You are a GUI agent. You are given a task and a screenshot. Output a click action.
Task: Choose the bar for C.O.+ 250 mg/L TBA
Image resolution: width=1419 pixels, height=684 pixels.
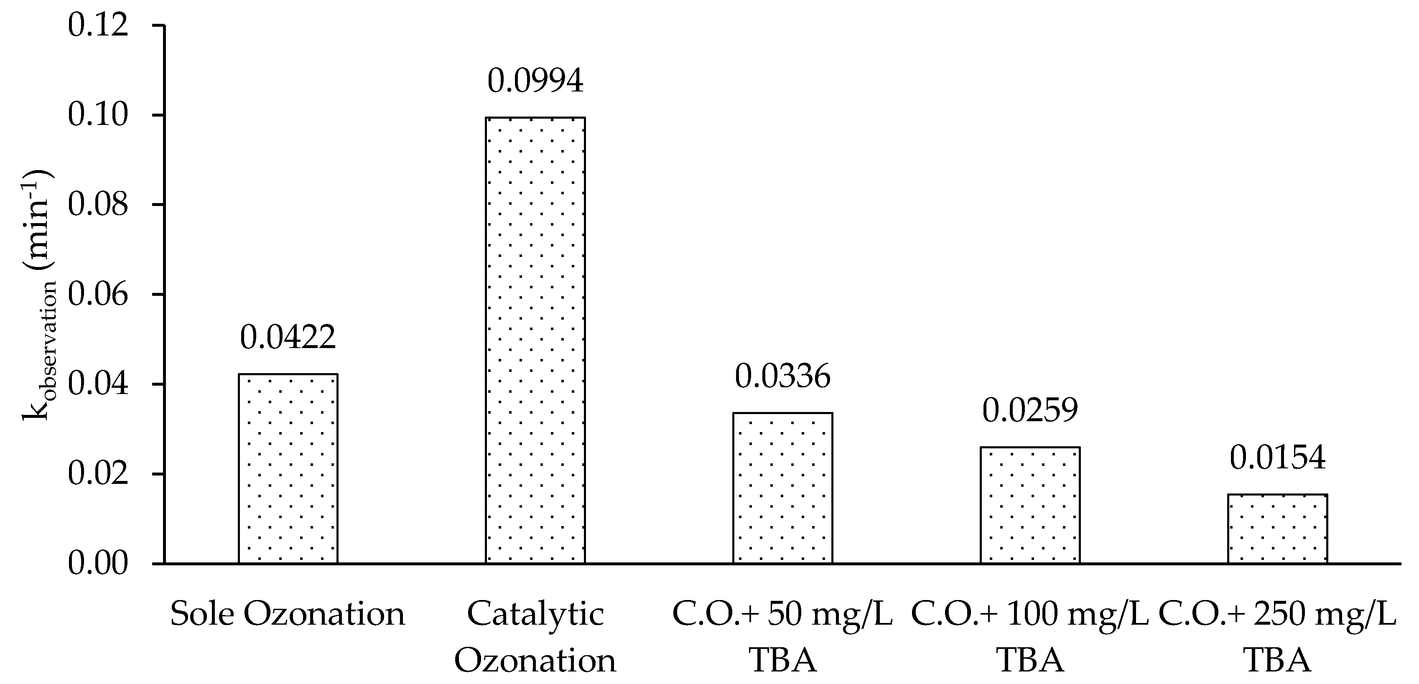pyautogui.click(x=1277, y=528)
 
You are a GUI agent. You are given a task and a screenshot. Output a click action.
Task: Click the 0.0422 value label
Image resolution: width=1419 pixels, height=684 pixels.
pyautogui.click(x=288, y=337)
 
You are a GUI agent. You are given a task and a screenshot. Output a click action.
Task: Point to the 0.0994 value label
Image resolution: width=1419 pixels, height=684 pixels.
pyautogui.click(x=535, y=81)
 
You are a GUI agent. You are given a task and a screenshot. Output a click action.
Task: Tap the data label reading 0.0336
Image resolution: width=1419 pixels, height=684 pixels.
pyautogui.click(x=782, y=377)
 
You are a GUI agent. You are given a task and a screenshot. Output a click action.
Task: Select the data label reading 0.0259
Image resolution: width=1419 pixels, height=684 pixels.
pyautogui.click(x=1029, y=410)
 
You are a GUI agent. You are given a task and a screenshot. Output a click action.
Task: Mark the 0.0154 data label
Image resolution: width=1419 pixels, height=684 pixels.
pyautogui.click(x=1277, y=458)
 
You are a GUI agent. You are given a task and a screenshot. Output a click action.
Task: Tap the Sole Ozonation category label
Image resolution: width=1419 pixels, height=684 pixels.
pyautogui.click(x=288, y=615)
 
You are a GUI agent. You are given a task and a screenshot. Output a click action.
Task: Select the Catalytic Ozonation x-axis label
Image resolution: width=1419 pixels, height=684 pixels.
pyautogui.click(x=535, y=637)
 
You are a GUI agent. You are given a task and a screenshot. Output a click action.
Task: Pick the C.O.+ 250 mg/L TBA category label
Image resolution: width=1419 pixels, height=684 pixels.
pyautogui.click(x=1277, y=637)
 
